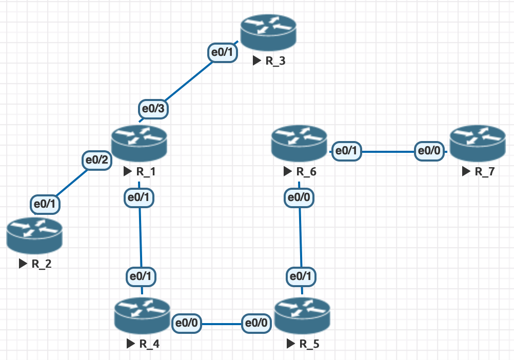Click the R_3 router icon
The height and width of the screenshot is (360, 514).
point(269,32)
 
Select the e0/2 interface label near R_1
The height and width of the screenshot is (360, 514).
point(97,160)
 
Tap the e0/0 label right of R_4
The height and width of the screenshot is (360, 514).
point(187,324)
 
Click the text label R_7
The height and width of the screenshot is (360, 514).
point(485,171)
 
